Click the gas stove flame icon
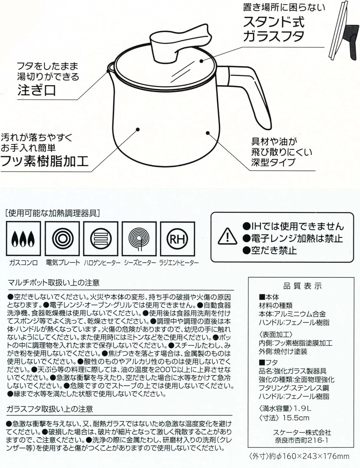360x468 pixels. pyautogui.click(x=23, y=239)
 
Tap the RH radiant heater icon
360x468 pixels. pyautogui.click(x=178, y=239)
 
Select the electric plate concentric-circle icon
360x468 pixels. pyautogui.click(x=62, y=239)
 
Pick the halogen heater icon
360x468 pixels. pyautogui.click(x=101, y=239)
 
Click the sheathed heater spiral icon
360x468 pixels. pyautogui.click(x=139, y=239)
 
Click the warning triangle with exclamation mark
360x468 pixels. pyautogui.click(x=228, y=236)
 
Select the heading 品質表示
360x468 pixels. pyautogui.click(x=303, y=286)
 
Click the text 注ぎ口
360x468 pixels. pyautogui.click(x=37, y=90)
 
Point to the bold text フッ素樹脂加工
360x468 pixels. pyautogui.click(x=44, y=161)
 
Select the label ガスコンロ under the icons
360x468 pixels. pyautogui.click(x=23, y=263)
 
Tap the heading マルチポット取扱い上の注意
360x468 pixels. pyautogui.click(x=53, y=283)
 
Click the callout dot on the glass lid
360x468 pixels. pyautogui.click(x=201, y=61)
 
